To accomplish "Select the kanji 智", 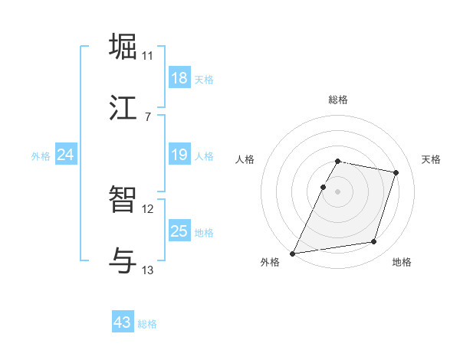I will pos(124,200).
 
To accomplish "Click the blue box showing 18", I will pos(179,78).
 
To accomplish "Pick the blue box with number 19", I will pos(179,155).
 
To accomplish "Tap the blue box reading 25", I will pos(179,232).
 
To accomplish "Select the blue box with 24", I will pos(66,155).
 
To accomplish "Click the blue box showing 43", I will pos(123,322).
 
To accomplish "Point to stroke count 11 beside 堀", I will pos(148,56).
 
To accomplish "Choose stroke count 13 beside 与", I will pos(148,270).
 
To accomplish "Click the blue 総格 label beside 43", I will pos(147,324).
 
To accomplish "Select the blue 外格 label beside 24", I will pos(41,156).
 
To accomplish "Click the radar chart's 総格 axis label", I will pos(337,100).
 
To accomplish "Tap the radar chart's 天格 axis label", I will pos(431,159).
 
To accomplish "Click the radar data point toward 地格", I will pos(374,242).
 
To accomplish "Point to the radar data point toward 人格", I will pos(323,187).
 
